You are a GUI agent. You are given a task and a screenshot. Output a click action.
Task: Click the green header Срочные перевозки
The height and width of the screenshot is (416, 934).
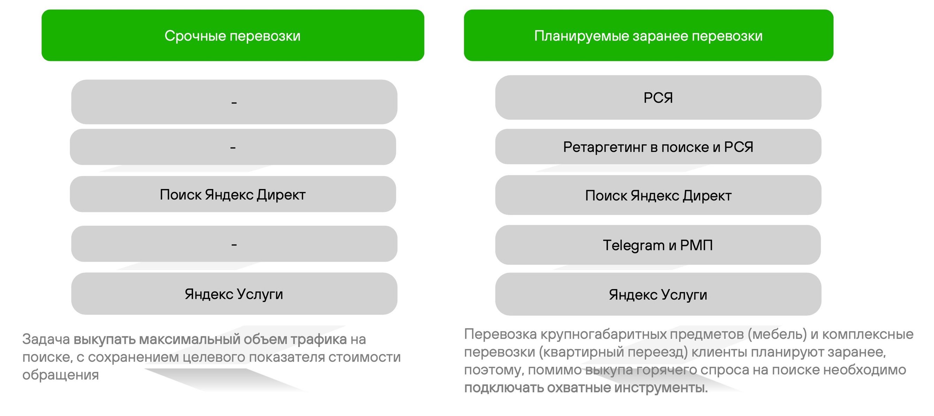point(233,35)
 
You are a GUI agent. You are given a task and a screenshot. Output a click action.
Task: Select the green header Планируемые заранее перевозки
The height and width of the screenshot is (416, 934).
point(648,35)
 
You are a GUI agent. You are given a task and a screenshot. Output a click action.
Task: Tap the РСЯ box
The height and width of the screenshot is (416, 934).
point(658,98)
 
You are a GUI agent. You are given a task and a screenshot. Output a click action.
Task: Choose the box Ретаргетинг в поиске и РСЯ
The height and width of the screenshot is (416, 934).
point(658,146)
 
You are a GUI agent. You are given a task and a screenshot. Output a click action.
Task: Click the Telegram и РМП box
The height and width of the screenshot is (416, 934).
point(658,245)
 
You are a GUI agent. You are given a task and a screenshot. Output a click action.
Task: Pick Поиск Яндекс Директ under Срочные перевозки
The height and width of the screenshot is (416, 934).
point(233,194)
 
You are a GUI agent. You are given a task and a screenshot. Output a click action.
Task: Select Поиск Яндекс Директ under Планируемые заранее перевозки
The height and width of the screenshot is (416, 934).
point(658,195)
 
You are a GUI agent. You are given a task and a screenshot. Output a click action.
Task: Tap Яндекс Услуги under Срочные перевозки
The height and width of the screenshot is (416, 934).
point(234,293)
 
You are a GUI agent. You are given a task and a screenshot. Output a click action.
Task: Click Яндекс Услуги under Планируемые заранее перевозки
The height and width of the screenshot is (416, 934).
point(658,294)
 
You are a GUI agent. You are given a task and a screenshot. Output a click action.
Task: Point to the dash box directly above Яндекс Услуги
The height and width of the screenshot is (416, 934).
point(234,244)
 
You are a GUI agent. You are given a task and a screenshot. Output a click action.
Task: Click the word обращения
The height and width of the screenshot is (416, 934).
point(61,375)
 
